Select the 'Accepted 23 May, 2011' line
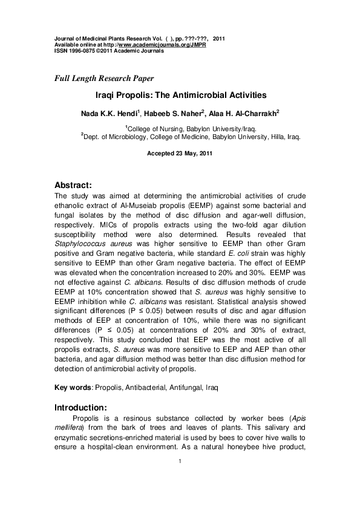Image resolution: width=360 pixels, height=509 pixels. tap(180, 154)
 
